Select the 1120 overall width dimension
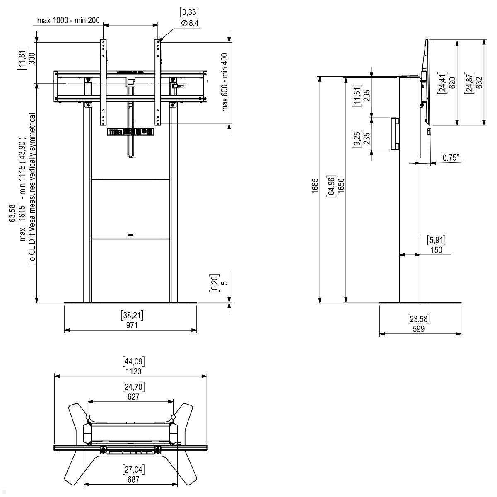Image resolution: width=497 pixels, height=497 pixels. [133, 371]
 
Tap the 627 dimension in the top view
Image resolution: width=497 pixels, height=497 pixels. [133, 397]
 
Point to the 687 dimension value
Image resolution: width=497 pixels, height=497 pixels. [133, 480]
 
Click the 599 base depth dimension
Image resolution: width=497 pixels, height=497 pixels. [418, 329]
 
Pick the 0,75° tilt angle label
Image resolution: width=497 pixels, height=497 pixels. [451, 158]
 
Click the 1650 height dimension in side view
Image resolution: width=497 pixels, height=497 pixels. [341, 188]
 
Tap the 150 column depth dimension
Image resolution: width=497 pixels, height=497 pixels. [436, 250]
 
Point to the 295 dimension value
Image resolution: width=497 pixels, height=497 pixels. [366, 96]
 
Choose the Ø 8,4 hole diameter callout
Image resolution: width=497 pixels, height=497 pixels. [190, 24]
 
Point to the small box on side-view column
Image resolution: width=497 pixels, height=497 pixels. [394, 134]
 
